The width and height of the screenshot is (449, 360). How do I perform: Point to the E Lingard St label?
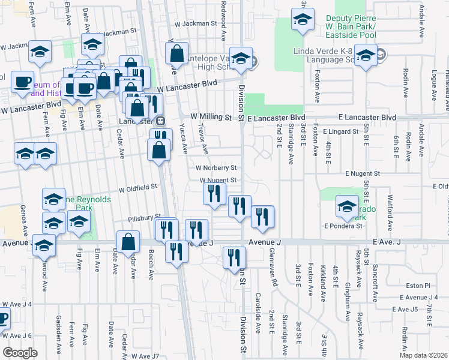[340, 130]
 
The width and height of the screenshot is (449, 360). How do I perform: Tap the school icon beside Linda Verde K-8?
[366, 56]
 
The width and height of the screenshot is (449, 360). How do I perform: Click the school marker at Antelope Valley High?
[241, 59]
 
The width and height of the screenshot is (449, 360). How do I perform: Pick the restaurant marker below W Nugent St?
[214, 193]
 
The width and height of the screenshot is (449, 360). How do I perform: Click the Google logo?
[20, 353]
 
